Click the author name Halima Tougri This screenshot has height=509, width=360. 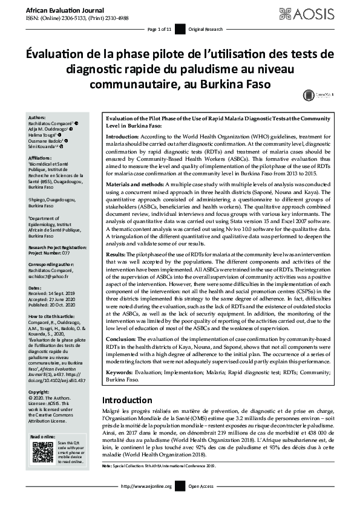(42, 135)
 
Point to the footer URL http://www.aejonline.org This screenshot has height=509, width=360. (147, 502)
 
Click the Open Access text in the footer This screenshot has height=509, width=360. (201, 502)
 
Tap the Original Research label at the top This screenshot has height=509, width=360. (206, 29)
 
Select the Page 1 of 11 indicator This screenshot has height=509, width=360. (160, 29)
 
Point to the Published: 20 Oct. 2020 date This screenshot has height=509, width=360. (53, 291)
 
